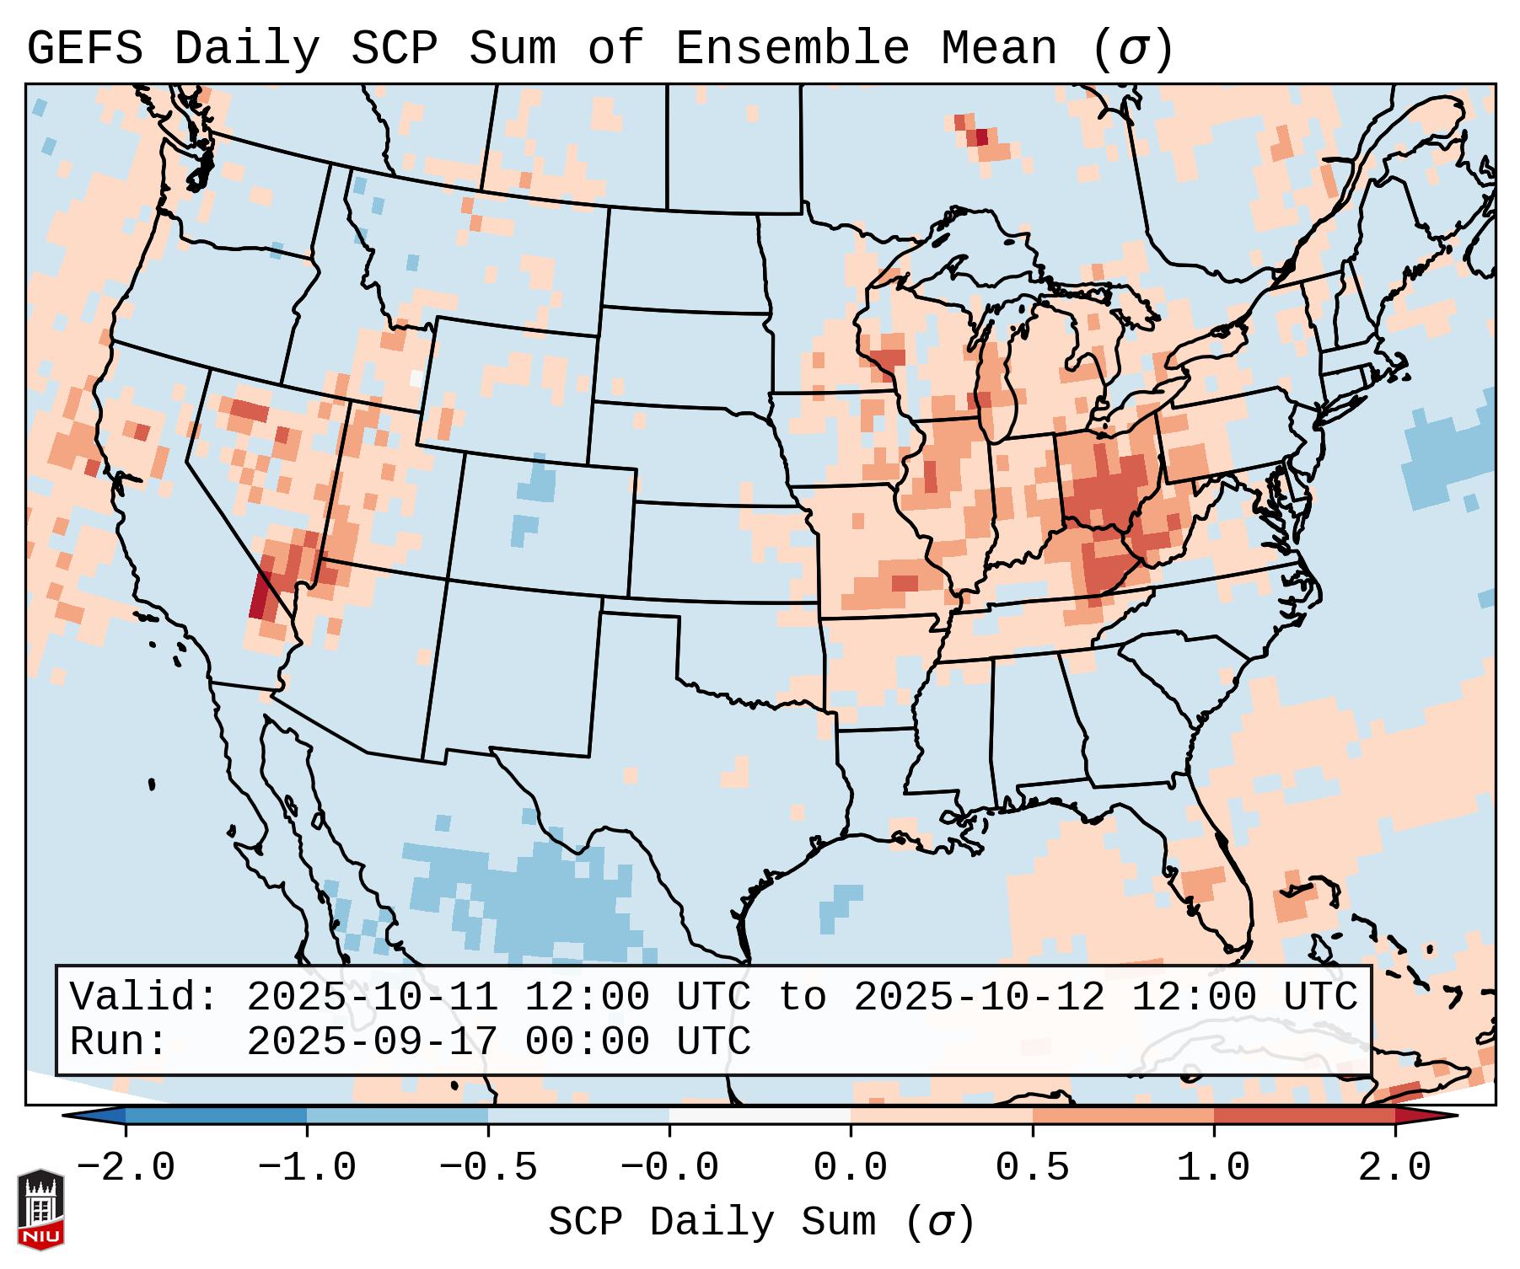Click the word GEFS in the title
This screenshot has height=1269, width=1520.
(x=84, y=49)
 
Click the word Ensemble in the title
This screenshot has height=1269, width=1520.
(x=792, y=49)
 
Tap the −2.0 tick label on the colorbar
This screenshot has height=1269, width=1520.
(x=125, y=1168)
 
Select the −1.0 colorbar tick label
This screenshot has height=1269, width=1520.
(x=306, y=1168)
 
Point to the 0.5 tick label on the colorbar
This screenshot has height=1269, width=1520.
(x=1032, y=1168)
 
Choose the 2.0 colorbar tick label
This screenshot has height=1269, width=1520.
(x=1394, y=1168)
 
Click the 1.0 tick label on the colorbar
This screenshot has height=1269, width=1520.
(x=1213, y=1168)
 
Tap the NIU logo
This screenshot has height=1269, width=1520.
(x=40, y=1209)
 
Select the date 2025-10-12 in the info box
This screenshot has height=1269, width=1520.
(x=979, y=998)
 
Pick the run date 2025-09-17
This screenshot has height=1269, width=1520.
(x=372, y=1042)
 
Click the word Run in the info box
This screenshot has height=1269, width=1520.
(x=116, y=1042)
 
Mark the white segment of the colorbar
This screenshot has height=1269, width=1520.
(x=760, y=1116)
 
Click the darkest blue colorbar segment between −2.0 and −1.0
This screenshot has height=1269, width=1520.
(x=216, y=1116)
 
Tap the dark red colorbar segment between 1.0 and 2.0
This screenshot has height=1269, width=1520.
(x=1304, y=1116)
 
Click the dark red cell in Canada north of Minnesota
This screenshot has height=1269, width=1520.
(x=981, y=137)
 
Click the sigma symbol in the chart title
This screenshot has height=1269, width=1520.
(x=1132, y=49)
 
